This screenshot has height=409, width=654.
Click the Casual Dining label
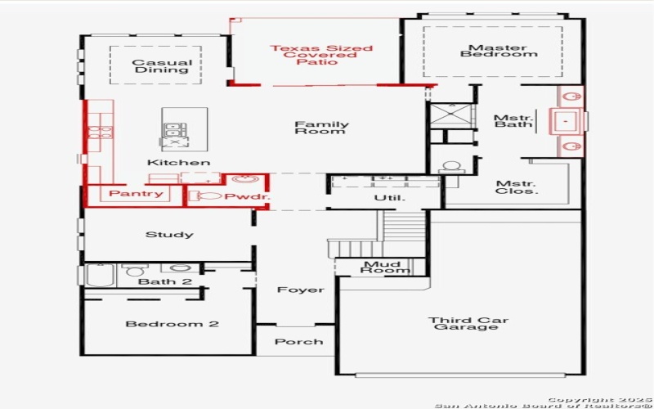pos(161,66)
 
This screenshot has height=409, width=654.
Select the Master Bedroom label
pos(498,51)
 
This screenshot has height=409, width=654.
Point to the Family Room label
pos(321,128)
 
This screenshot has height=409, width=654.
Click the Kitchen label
pos(172,163)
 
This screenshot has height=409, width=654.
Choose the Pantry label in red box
pos(136,195)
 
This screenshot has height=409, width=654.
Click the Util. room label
pos(384,197)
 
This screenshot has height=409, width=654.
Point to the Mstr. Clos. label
pos(516,187)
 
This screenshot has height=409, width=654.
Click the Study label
pos(169,235)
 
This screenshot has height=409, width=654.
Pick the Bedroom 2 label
pos(172,324)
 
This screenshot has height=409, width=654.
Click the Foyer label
pos(300,290)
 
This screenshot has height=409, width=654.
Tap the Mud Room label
pos(382,267)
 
